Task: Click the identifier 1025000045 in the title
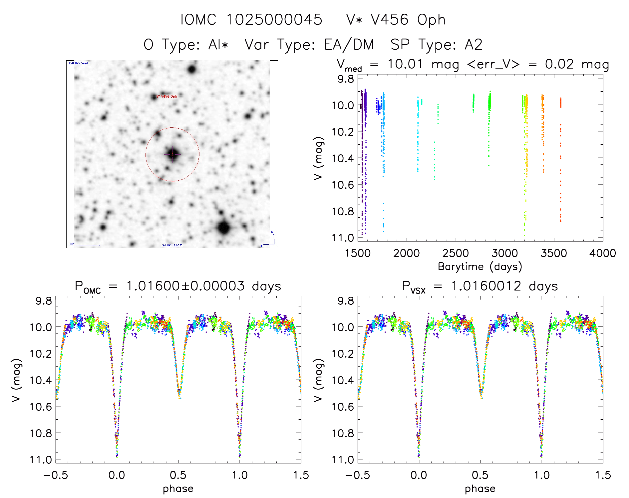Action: coord(274,20)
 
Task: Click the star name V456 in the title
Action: coord(390,20)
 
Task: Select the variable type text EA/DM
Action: coord(349,45)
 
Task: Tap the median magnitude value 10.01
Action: coord(405,64)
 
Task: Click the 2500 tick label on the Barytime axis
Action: coord(455,253)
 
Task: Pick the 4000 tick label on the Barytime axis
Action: coord(602,253)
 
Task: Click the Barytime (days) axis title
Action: coord(480,267)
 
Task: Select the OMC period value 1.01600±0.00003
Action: coord(185,286)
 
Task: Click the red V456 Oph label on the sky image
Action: coord(167,96)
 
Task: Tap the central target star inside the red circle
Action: coord(172,154)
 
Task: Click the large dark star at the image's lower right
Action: coord(224,228)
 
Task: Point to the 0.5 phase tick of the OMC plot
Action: coord(178,475)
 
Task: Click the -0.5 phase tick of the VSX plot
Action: coord(357,475)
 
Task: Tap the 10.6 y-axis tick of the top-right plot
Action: coord(343,185)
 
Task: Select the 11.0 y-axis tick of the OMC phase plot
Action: coord(41,460)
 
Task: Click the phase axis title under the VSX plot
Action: coord(480,489)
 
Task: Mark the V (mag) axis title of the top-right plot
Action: coord(318,158)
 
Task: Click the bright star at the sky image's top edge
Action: coord(191,69)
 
